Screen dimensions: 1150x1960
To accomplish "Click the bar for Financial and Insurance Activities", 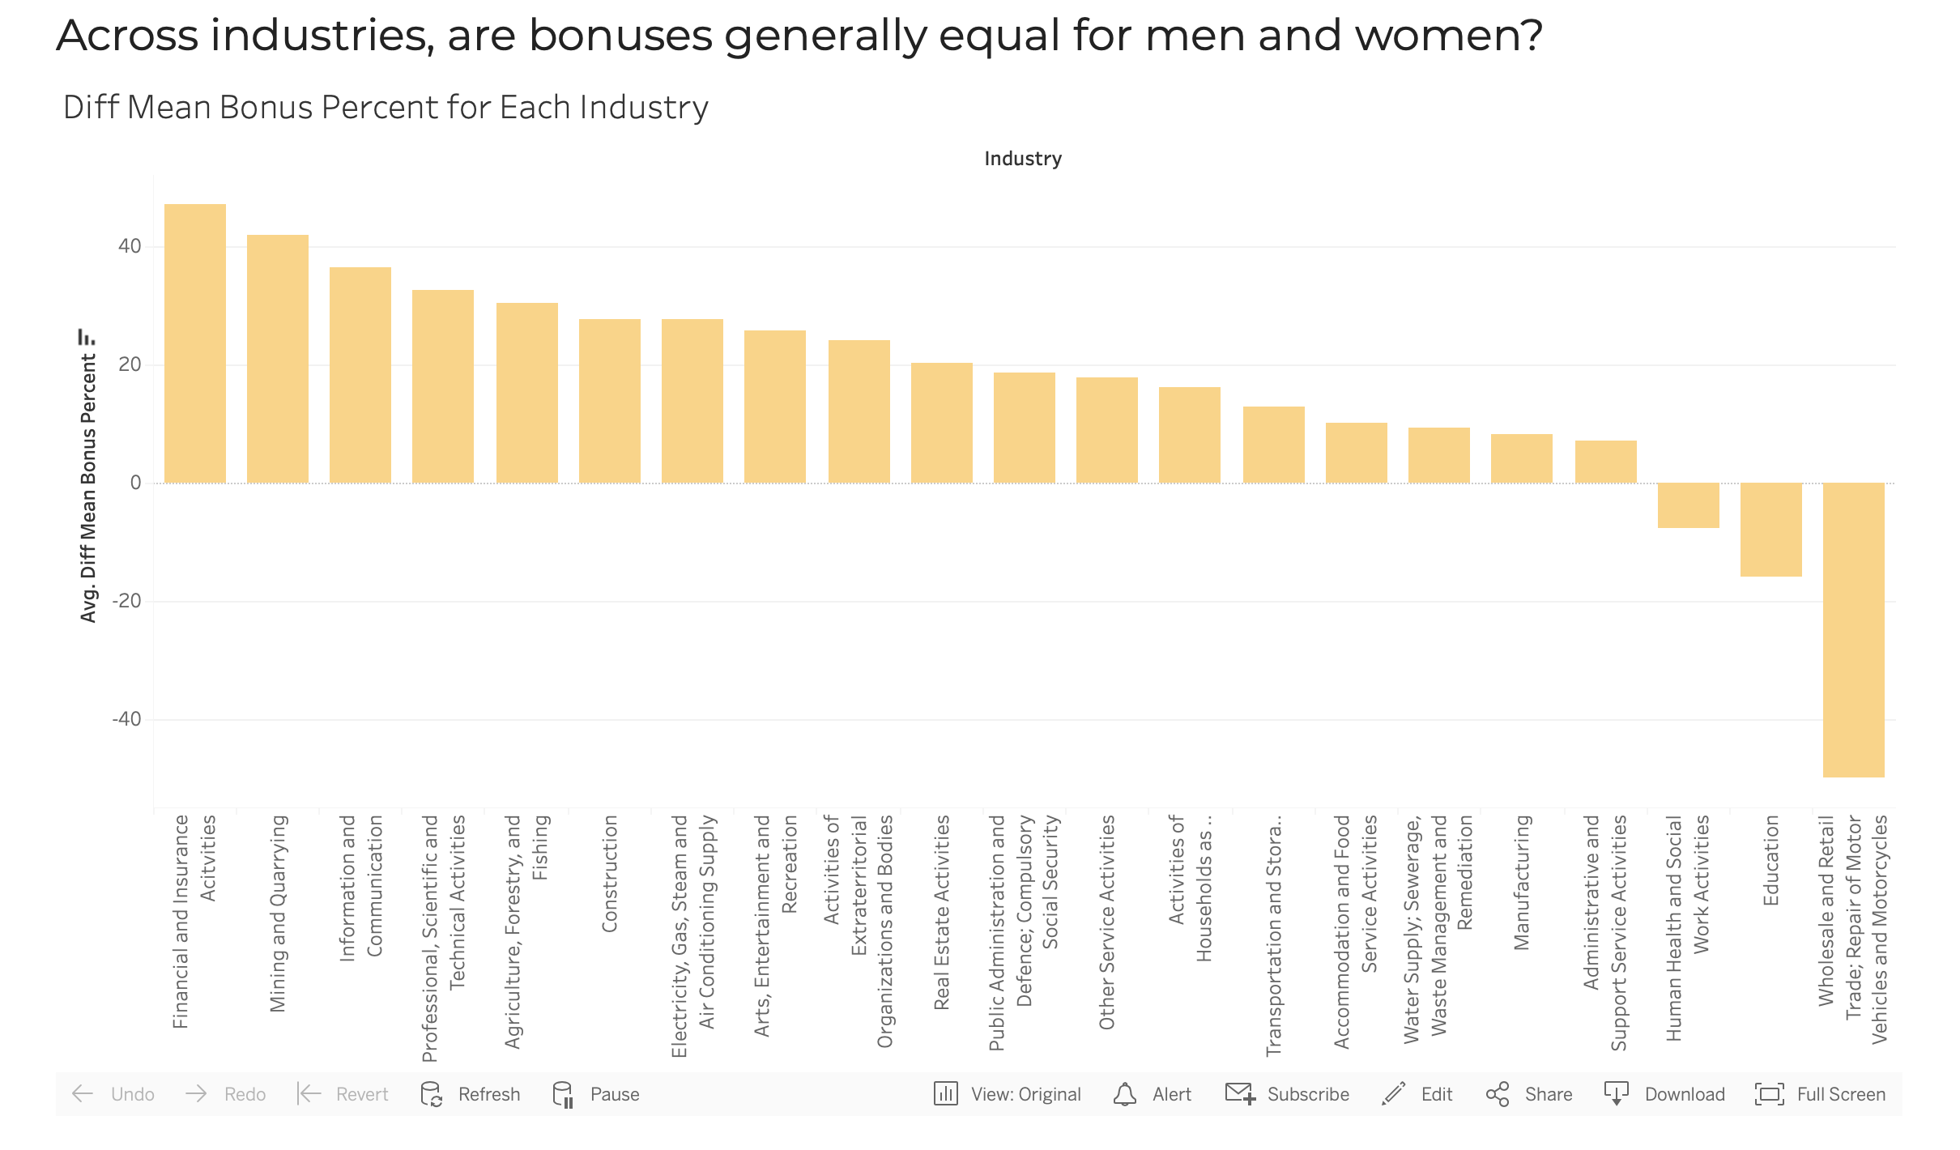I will pyautogui.click(x=195, y=343).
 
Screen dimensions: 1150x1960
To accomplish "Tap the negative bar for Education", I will pyautogui.click(x=1771, y=530).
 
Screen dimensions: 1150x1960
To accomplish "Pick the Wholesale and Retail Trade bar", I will pyautogui.click(x=1854, y=629).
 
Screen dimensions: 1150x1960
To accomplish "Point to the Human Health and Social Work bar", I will pyautogui.click(x=1689, y=505).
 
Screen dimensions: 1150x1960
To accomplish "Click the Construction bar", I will pyautogui.click(x=610, y=401).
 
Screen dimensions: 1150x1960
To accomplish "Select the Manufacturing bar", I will pyautogui.click(x=1522, y=458).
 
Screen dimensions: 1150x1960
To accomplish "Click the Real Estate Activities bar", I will pyautogui.click(x=942, y=423).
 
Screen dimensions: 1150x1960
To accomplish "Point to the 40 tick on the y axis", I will pyautogui.click(x=130, y=246).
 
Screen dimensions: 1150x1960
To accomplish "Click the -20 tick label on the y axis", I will pyautogui.click(x=127, y=601).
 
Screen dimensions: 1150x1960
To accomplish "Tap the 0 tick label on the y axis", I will pyautogui.click(x=135, y=483).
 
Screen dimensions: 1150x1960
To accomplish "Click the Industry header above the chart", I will pyautogui.click(x=1023, y=159).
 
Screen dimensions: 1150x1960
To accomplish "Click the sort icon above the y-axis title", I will pyautogui.click(x=86, y=336).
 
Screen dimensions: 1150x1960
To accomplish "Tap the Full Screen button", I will pyautogui.click(x=1821, y=1094).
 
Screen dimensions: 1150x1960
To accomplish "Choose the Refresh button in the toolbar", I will pyautogui.click(x=471, y=1094).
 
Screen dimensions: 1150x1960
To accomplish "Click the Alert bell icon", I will pyautogui.click(x=1125, y=1094).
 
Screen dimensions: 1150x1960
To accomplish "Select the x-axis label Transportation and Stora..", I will pyautogui.click(x=1274, y=935).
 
